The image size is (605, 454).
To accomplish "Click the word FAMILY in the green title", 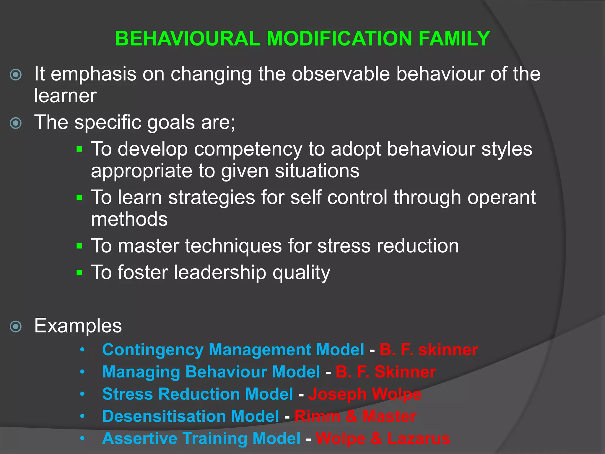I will [x=454, y=39].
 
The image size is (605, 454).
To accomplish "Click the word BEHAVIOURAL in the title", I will [x=188, y=39].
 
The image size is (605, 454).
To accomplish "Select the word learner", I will [x=65, y=96].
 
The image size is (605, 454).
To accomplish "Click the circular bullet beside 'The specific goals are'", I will [x=16, y=123].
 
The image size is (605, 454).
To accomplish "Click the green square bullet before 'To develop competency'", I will [x=79, y=149].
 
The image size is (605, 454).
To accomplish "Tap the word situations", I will [x=317, y=171].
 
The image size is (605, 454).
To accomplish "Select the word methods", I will [x=129, y=219].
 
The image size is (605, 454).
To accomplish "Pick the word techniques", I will [x=233, y=246].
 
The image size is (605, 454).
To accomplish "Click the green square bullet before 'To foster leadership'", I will [x=79, y=273].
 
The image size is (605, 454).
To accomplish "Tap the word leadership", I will [x=220, y=273].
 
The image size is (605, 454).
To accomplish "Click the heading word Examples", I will [x=78, y=326].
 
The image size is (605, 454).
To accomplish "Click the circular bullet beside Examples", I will [x=16, y=327].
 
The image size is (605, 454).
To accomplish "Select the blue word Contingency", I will [x=153, y=350].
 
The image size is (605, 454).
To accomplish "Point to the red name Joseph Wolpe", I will [x=365, y=394].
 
